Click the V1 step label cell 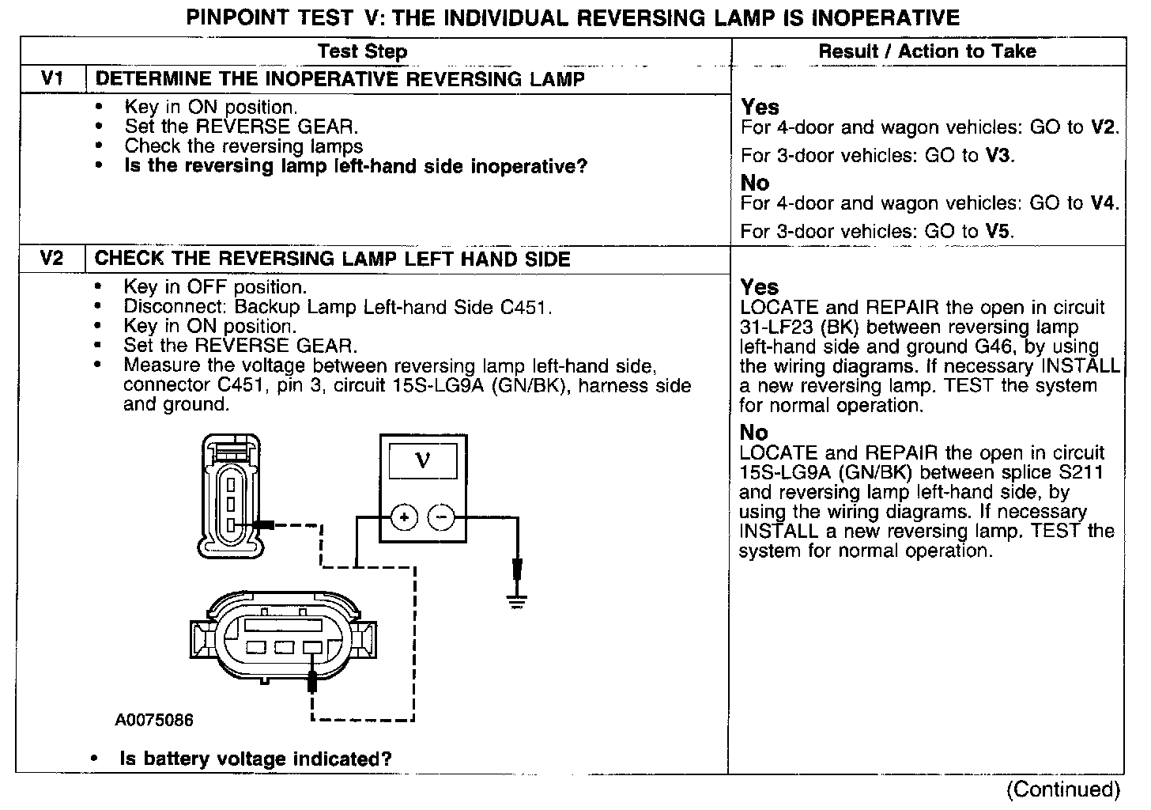(51, 79)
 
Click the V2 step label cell (51, 259)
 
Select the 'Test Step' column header (362, 52)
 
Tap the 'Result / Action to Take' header (926, 51)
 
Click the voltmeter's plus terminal (404, 518)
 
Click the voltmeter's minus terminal (441, 518)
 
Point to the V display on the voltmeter (423, 460)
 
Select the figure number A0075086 (153, 721)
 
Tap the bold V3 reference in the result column (998, 156)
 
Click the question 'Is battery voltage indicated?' (255, 759)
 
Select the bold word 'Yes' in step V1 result (760, 107)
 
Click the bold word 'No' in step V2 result (753, 433)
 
